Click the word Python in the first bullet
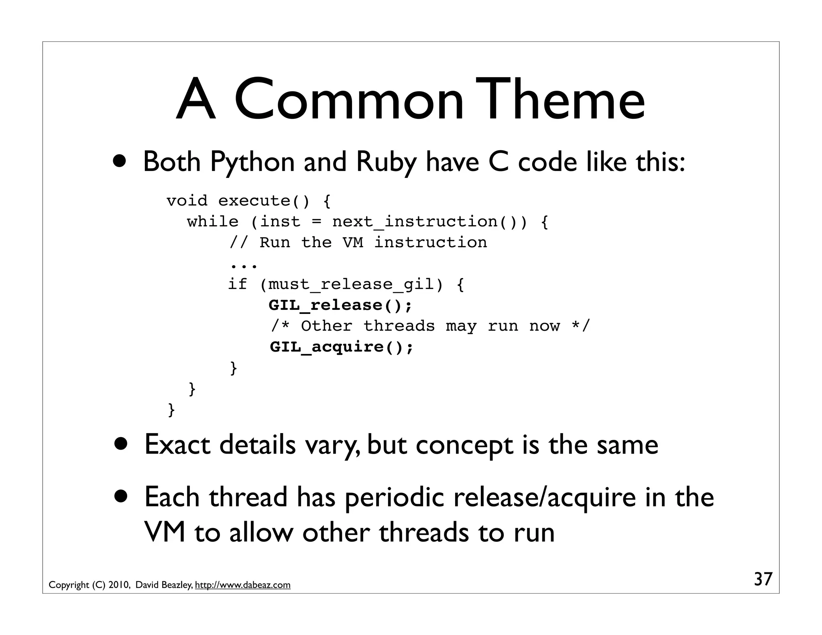click(252, 162)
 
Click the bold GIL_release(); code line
click(340, 305)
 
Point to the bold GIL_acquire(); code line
click(341, 347)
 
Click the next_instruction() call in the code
click(425, 222)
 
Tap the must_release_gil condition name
click(351, 285)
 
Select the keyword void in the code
click(187, 201)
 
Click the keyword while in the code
click(213, 222)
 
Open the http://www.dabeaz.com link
click(242, 585)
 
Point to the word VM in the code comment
click(353, 243)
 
